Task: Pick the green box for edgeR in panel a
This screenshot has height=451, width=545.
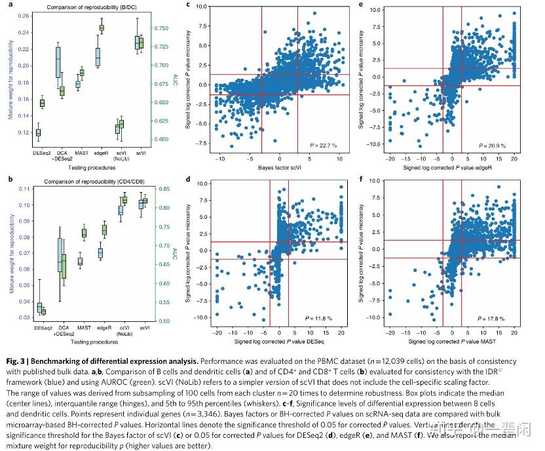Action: coord(102,28)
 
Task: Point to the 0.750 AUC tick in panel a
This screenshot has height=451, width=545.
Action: coord(161,28)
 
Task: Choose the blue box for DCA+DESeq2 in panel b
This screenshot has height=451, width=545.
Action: coord(60,254)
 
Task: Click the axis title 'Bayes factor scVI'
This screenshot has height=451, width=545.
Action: coord(278,169)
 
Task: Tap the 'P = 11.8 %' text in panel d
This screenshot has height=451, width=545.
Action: coord(319,318)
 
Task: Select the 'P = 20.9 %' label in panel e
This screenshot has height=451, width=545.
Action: coord(494,144)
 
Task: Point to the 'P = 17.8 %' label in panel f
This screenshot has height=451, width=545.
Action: coord(494,318)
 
